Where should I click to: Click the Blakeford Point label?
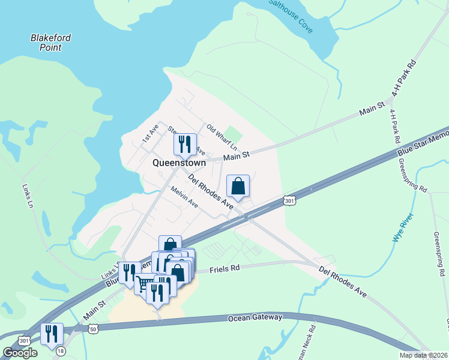click(50, 42)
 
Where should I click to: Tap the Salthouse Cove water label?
click(291, 16)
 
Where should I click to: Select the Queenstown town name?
click(179, 163)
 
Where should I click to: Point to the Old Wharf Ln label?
click(221, 137)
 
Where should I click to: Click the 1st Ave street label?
click(149, 133)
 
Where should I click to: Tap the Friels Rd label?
click(225, 270)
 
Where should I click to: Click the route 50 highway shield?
click(92, 328)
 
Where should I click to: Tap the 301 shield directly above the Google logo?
click(24, 340)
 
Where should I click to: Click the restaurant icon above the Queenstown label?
click(185, 144)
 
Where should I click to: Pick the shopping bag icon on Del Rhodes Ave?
click(238, 186)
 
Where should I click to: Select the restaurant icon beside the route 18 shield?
click(52, 334)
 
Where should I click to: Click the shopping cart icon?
click(145, 283)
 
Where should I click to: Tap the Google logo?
click(20, 353)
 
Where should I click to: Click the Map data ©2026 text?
click(423, 355)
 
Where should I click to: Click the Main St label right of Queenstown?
click(236, 157)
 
